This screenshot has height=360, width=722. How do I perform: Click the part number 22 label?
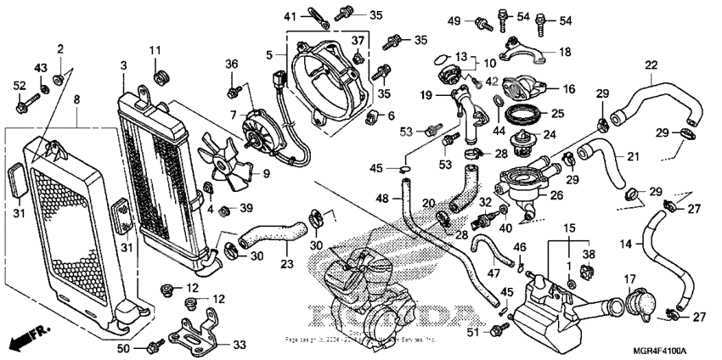[651, 65]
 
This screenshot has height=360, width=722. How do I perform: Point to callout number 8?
[77, 100]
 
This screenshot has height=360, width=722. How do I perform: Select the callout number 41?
[290, 15]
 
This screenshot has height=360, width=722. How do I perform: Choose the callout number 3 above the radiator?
[123, 65]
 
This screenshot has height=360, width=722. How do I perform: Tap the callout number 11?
[155, 52]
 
